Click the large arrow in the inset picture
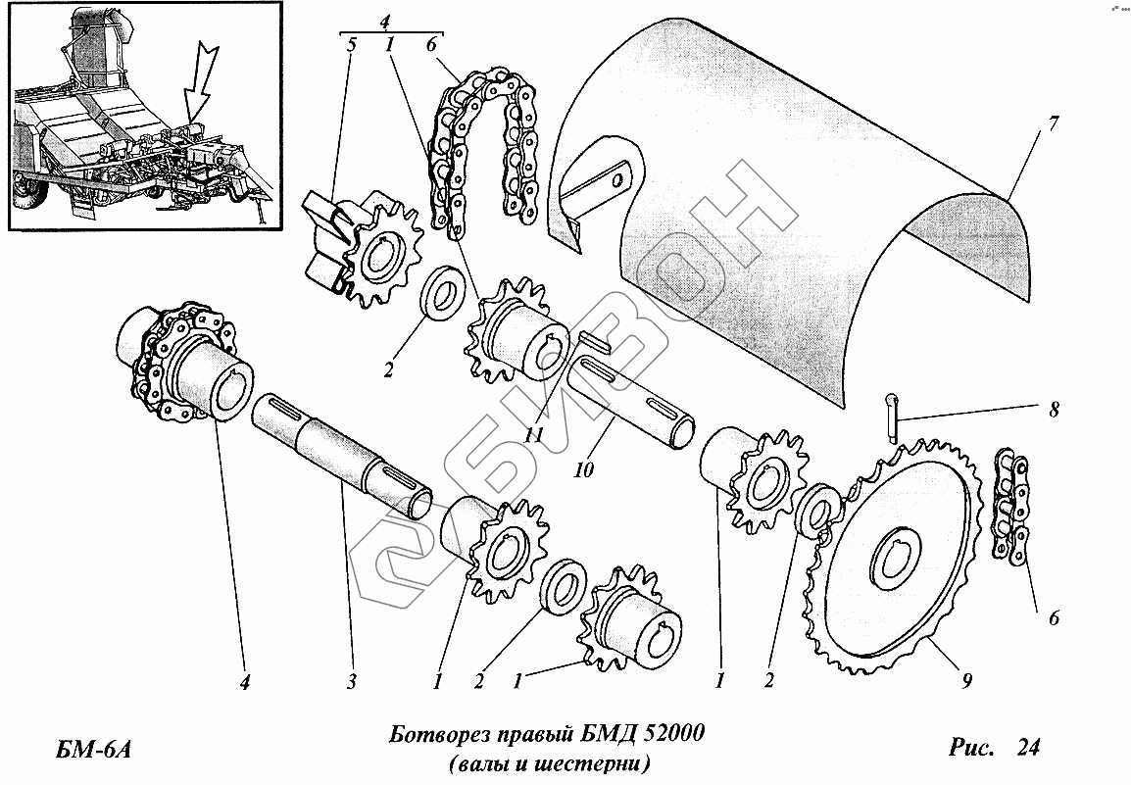(x=200, y=89)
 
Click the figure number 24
(x=1027, y=748)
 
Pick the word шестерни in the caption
(x=594, y=762)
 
